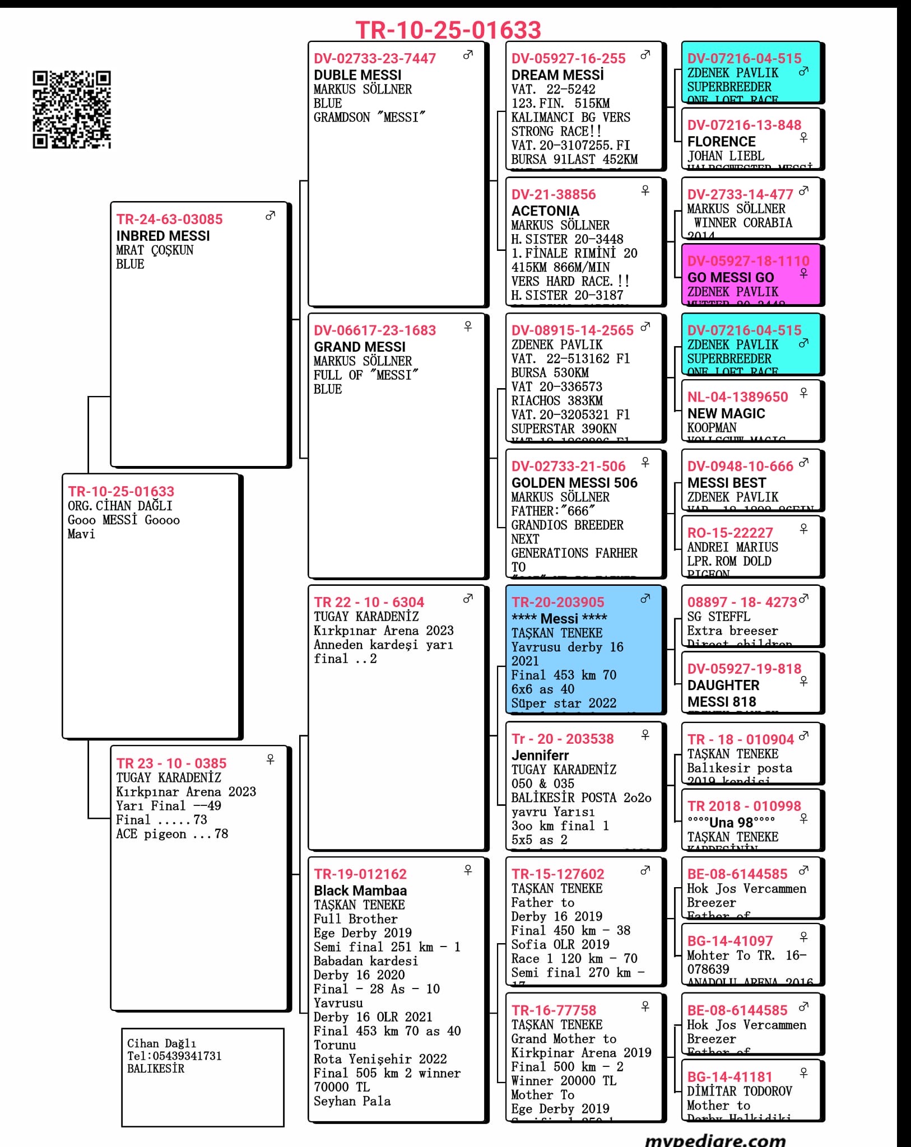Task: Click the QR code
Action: point(71,110)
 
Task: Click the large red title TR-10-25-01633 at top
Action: point(448,30)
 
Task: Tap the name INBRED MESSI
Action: point(163,236)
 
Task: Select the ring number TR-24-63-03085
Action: point(169,219)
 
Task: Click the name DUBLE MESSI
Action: point(357,75)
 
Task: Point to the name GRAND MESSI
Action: point(359,347)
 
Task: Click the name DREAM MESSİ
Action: point(557,75)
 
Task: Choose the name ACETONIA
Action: point(545,211)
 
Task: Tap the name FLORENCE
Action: point(721,142)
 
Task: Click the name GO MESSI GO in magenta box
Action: point(731,278)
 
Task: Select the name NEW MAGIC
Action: point(726,413)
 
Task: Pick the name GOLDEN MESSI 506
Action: point(574,483)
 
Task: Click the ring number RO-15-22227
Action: point(730,533)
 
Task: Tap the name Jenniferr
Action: point(540,755)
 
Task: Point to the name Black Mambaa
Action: point(360,890)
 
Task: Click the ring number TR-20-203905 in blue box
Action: point(557,602)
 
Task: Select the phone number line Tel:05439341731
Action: point(174,1056)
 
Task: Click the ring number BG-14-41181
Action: point(729,1076)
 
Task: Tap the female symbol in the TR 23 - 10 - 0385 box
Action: point(271,759)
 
